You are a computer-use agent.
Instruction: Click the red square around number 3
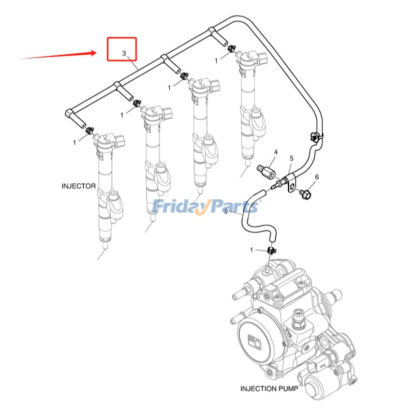click(x=122, y=49)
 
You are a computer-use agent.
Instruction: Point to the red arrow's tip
click(x=96, y=52)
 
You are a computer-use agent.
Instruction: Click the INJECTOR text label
click(x=79, y=186)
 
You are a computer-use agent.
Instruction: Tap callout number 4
click(x=276, y=152)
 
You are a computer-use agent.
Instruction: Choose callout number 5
click(x=291, y=158)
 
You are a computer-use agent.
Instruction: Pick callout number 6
click(x=317, y=177)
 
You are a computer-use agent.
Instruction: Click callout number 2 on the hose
click(x=226, y=211)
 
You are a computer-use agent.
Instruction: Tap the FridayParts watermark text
click(x=205, y=206)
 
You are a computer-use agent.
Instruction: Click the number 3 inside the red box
click(x=124, y=53)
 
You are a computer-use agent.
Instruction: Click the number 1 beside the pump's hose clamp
click(x=252, y=250)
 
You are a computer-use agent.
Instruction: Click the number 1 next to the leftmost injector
click(x=75, y=142)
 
